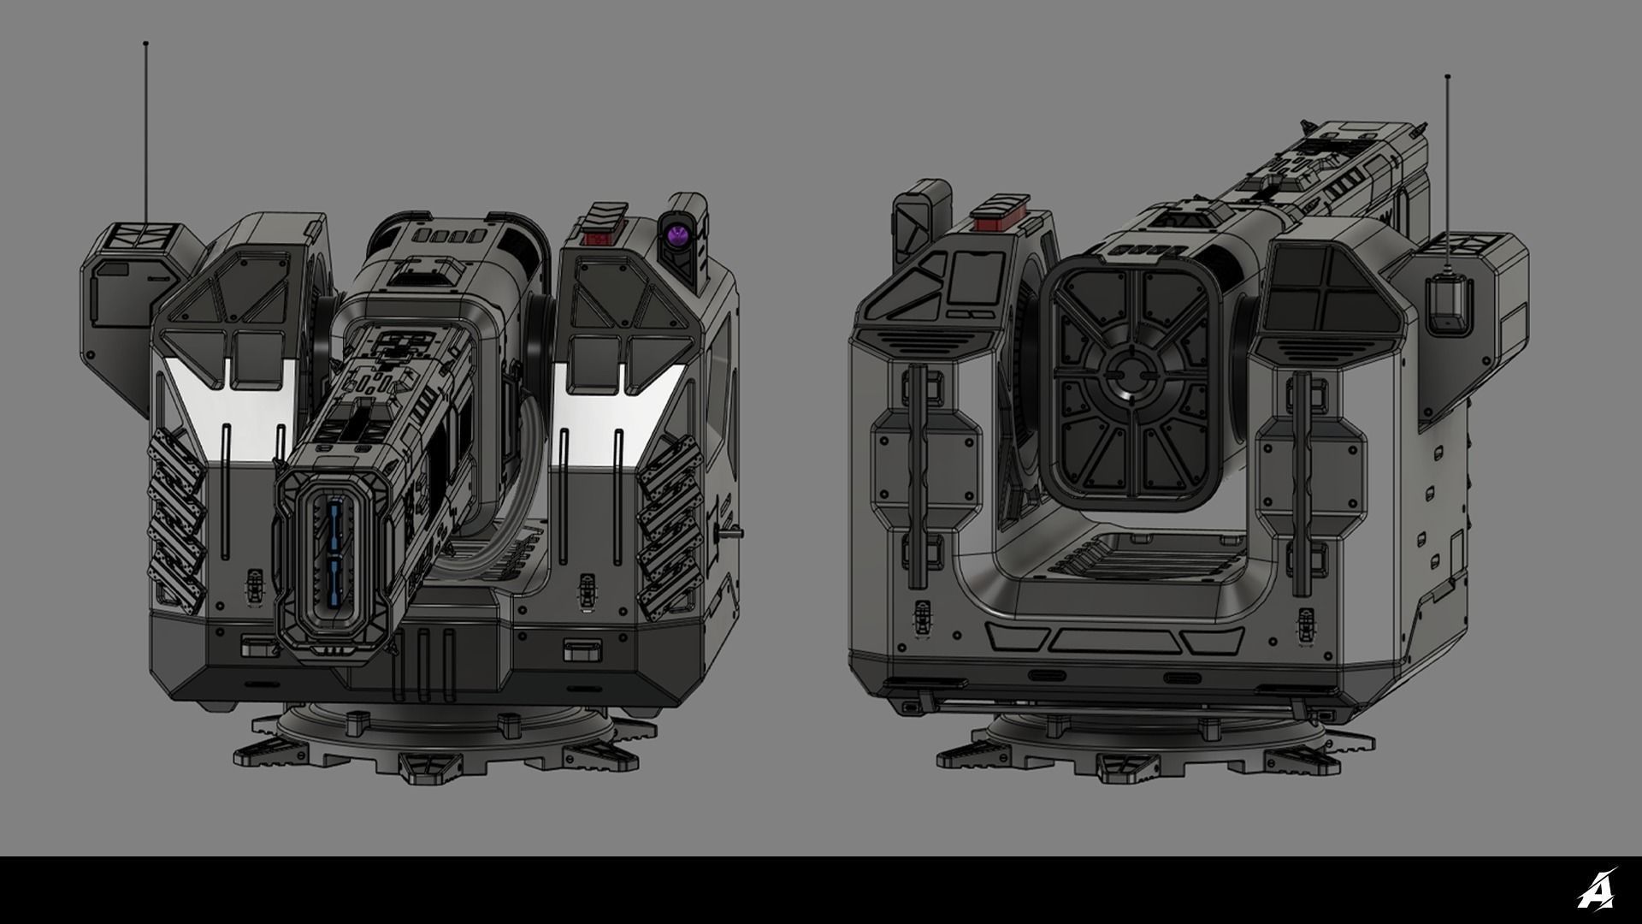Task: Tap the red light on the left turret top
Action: pyautogui.click(x=594, y=236)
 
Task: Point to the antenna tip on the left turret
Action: pyautogui.click(x=145, y=43)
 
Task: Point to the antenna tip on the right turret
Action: pyautogui.click(x=1447, y=77)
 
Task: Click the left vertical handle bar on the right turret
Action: pyautogui.click(x=917, y=475)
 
